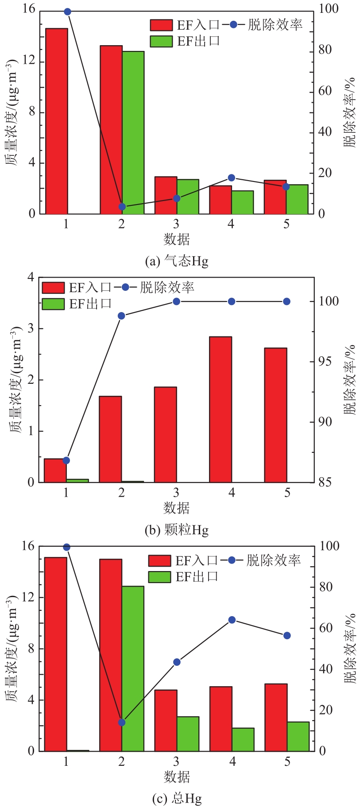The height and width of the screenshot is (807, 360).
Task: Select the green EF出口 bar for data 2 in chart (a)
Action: pos(133,132)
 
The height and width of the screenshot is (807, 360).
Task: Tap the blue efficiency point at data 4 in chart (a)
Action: pos(231,178)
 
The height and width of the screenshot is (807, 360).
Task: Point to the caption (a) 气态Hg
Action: pos(177,261)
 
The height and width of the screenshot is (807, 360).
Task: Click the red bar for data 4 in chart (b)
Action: pos(221,409)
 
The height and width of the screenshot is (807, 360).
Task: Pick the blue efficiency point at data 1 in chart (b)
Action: pos(66,460)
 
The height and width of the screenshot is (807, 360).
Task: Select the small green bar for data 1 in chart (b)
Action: pos(77,480)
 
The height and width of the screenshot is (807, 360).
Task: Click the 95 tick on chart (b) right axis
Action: pos(326,362)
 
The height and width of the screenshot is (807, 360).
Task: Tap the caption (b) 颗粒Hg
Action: pos(177,529)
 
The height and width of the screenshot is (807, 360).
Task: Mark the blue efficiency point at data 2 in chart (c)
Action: pos(122,722)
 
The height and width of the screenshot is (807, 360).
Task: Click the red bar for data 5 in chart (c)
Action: pos(276,717)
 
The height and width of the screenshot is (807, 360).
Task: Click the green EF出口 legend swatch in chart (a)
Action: pos(161,41)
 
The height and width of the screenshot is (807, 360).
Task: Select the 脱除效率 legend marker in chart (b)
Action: pos(125,287)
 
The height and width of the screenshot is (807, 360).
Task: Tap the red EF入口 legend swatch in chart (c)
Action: pos(159,561)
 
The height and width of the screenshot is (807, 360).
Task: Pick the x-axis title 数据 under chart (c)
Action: pos(177,776)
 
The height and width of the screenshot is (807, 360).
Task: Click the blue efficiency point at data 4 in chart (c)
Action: pos(232,620)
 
